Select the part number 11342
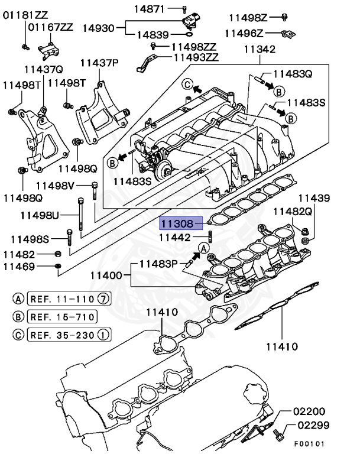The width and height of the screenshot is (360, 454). click(260, 50)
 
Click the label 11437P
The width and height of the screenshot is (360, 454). click(99, 63)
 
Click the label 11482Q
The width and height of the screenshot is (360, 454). click(293, 211)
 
